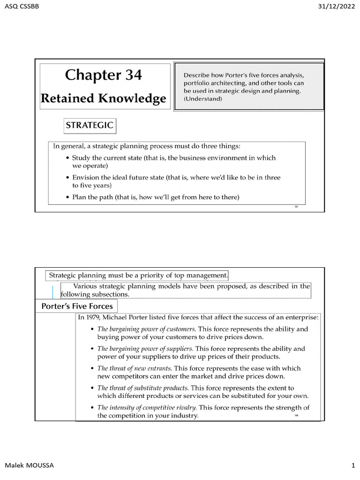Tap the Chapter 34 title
[103, 75]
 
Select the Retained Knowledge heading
[104, 98]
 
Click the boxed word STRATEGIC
[89, 126]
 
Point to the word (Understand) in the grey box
[203, 99]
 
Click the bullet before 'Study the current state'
[68, 158]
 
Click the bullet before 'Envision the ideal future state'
[68, 178]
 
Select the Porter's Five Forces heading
[77, 306]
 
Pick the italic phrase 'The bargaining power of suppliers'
[145, 349]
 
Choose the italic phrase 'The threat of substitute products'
[143, 388]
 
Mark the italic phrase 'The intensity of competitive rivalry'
[147, 408]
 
